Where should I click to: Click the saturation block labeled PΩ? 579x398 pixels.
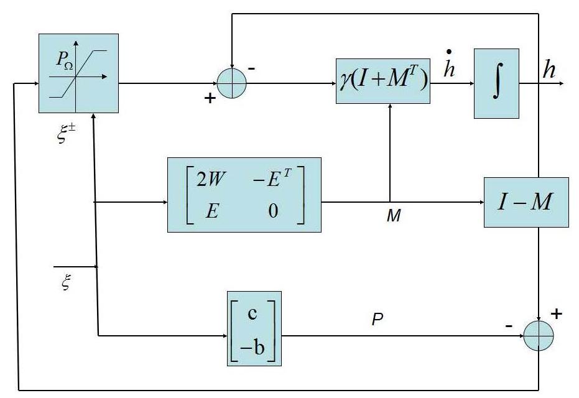78,73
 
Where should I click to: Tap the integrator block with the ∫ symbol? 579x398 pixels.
496,83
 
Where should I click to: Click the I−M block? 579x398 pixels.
526,202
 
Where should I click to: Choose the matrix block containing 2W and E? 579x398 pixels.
244,195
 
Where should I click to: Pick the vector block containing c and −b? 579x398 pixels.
254,328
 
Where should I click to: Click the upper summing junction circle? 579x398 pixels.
232,83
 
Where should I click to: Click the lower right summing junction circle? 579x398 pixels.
538,337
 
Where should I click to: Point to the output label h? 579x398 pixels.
549,70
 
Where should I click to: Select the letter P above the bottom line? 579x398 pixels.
377,320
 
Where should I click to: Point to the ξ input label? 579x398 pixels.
66,285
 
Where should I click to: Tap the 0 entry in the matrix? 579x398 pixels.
274,211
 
